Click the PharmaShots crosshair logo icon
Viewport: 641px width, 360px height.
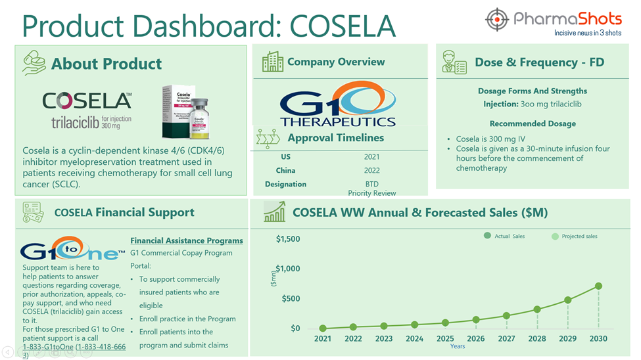(497, 20)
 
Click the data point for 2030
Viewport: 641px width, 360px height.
(598, 286)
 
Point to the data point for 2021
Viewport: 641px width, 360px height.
(323, 328)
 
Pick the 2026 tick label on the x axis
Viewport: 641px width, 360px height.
(476, 339)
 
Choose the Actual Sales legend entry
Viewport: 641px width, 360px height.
(504, 236)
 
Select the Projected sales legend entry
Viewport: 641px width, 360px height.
(575, 236)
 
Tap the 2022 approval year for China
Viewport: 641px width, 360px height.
(371, 170)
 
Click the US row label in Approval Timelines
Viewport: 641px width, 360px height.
(285, 156)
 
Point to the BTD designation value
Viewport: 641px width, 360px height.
(371, 184)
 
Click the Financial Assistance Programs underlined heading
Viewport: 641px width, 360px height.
(187, 240)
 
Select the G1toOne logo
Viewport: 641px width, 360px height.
(70, 250)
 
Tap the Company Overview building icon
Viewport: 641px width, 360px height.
(273, 62)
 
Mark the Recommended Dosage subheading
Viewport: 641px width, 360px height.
(533, 124)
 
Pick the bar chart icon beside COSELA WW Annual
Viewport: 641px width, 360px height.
(274, 212)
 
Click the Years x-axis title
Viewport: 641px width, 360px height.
(458, 346)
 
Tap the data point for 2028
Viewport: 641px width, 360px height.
(537, 309)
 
